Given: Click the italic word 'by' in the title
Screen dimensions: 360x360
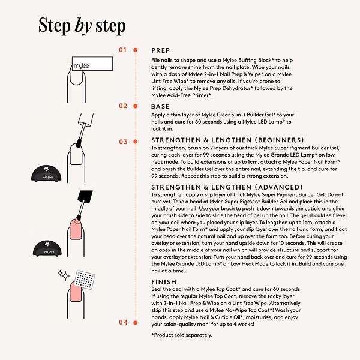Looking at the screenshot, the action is [83, 26].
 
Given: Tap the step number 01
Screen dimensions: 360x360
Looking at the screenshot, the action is [123, 50].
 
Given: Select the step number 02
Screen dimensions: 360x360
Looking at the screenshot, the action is [123, 106].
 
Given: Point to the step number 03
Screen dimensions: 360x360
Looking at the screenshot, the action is [123, 142].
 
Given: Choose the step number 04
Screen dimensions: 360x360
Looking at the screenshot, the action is [123, 322].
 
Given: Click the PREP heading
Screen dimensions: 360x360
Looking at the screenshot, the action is [161, 50].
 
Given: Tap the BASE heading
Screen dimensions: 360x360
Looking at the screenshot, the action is [160, 106].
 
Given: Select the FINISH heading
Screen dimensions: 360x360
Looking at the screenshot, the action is [164, 282].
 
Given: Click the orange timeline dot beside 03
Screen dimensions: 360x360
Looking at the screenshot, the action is [136, 142].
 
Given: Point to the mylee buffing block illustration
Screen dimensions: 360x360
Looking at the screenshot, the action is [92, 64].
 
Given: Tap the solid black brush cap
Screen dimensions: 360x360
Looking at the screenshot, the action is [85, 197].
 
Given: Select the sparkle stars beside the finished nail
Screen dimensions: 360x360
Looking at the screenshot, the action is [64, 275].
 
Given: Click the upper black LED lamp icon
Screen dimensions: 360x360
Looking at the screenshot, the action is [46, 173].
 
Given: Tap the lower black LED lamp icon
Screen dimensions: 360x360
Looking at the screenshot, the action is [47, 248].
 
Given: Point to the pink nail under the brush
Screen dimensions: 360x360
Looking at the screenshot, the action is [76, 229].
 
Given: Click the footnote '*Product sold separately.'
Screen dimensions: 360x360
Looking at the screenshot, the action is [182, 335].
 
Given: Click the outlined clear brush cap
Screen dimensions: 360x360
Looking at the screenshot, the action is [86, 119].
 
